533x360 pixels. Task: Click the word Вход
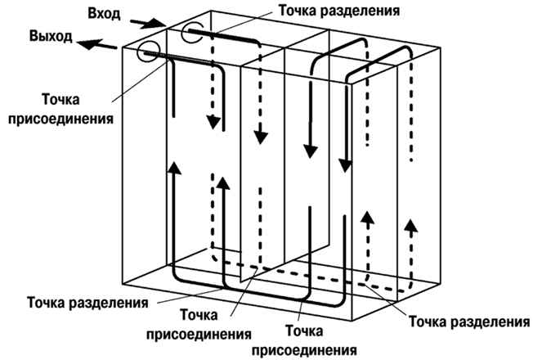click(x=104, y=14)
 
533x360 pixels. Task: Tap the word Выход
click(x=51, y=36)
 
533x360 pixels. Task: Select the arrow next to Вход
click(x=147, y=23)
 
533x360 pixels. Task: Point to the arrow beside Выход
click(x=97, y=44)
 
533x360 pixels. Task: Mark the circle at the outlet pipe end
click(x=148, y=52)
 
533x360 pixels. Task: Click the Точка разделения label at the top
click(x=339, y=11)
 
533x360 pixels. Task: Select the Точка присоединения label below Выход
click(x=60, y=109)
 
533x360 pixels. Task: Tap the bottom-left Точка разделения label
click(x=87, y=303)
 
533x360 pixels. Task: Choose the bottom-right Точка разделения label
click(x=469, y=322)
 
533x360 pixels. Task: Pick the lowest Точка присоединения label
click(x=304, y=340)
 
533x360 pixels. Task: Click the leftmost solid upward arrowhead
click(x=174, y=168)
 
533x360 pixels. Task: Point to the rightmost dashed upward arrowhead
click(x=412, y=226)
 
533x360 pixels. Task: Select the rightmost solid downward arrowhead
click(x=345, y=166)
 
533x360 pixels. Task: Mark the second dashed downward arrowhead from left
click(x=261, y=137)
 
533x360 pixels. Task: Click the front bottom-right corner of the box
click(x=352, y=321)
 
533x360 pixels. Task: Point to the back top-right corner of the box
click(x=441, y=48)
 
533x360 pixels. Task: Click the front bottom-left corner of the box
click(x=122, y=283)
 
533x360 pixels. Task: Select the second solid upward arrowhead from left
click(x=223, y=183)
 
